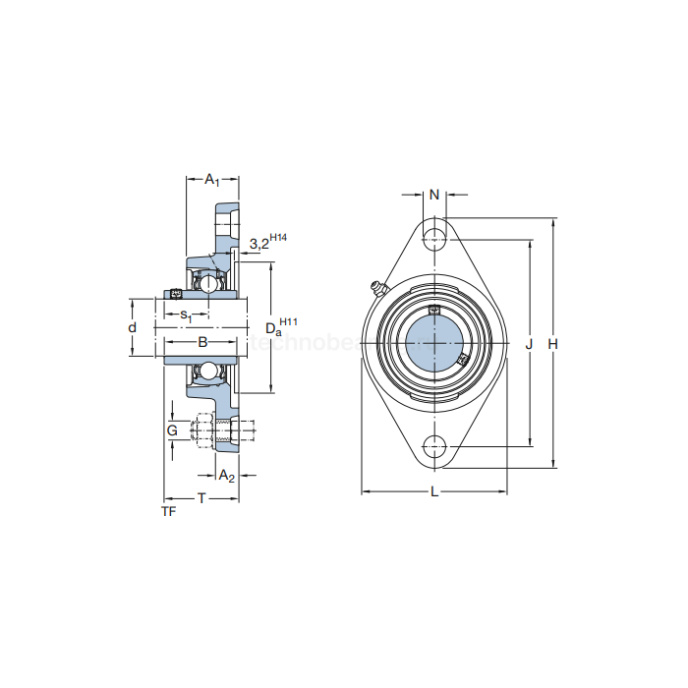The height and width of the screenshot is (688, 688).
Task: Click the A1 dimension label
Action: tap(211, 180)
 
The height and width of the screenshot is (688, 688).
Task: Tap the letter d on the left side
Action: tap(132, 326)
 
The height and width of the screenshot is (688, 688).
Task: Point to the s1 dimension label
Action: tap(186, 315)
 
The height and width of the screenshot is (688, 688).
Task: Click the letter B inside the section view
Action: tap(202, 342)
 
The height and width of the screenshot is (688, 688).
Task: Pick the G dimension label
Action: tap(172, 430)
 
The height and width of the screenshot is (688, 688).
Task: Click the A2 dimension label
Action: tap(226, 476)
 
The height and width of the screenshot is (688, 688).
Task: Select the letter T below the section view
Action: tap(201, 498)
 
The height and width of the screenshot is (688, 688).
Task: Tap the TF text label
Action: tap(168, 512)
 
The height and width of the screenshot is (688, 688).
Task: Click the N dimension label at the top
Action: tap(434, 195)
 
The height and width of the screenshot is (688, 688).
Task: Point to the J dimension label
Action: tap(529, 343)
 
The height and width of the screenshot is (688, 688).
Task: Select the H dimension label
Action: tap(552, 343)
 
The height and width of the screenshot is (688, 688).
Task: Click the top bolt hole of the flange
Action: tap(434, 237)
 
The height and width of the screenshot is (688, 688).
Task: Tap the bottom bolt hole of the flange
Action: tap(434, 447)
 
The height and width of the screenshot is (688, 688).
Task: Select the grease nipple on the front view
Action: tap(376, 287)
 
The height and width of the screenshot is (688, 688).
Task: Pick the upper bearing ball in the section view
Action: tap(208, 282)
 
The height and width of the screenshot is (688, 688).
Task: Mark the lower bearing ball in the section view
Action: tap(208, 371)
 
